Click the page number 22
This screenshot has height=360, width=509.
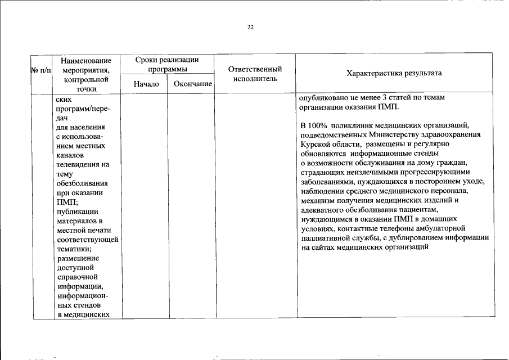251,27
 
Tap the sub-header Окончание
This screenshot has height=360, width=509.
192,84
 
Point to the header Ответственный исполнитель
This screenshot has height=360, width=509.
255,74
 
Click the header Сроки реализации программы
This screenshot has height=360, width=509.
168,64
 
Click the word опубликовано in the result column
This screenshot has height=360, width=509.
323,98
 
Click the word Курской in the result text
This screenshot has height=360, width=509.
314,144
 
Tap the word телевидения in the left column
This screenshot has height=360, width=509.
79,164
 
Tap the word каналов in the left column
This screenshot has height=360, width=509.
70,155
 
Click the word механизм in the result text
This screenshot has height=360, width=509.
318,200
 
